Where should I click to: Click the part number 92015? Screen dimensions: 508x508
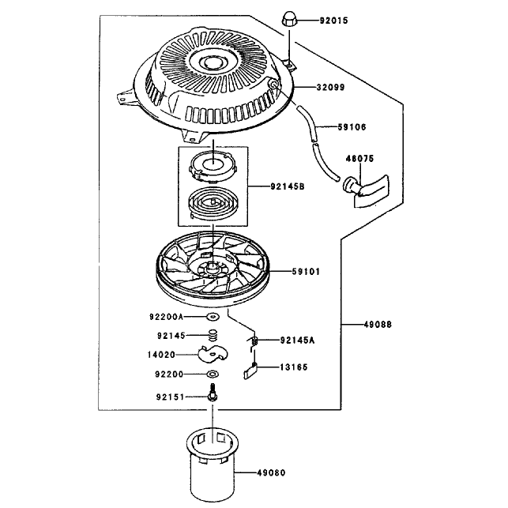point(333,21)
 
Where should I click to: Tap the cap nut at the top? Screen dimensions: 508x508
point(289,19)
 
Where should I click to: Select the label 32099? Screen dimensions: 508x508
point(330,87)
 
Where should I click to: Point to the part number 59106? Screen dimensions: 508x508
point(352,126)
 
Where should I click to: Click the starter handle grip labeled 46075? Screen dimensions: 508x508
point(366,190)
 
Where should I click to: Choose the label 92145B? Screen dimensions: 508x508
point(288,186)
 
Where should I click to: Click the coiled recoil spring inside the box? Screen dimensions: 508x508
point(213,204)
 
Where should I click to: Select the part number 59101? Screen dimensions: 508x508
point(306,271)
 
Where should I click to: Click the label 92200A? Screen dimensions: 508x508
point(166,316)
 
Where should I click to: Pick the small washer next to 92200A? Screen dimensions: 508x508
point(213,317)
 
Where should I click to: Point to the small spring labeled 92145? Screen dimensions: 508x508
point(213,335)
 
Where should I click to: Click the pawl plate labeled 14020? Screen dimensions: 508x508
point(213,354)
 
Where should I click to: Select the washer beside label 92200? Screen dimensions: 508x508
point(213,374)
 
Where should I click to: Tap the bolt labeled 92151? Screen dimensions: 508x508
point(213,393)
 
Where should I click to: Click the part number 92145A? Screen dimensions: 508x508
point(297,341)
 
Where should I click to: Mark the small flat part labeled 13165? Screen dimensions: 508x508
point(250,371)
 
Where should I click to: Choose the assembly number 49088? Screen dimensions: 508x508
point(378,324)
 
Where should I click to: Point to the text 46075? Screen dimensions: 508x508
point(359,159)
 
